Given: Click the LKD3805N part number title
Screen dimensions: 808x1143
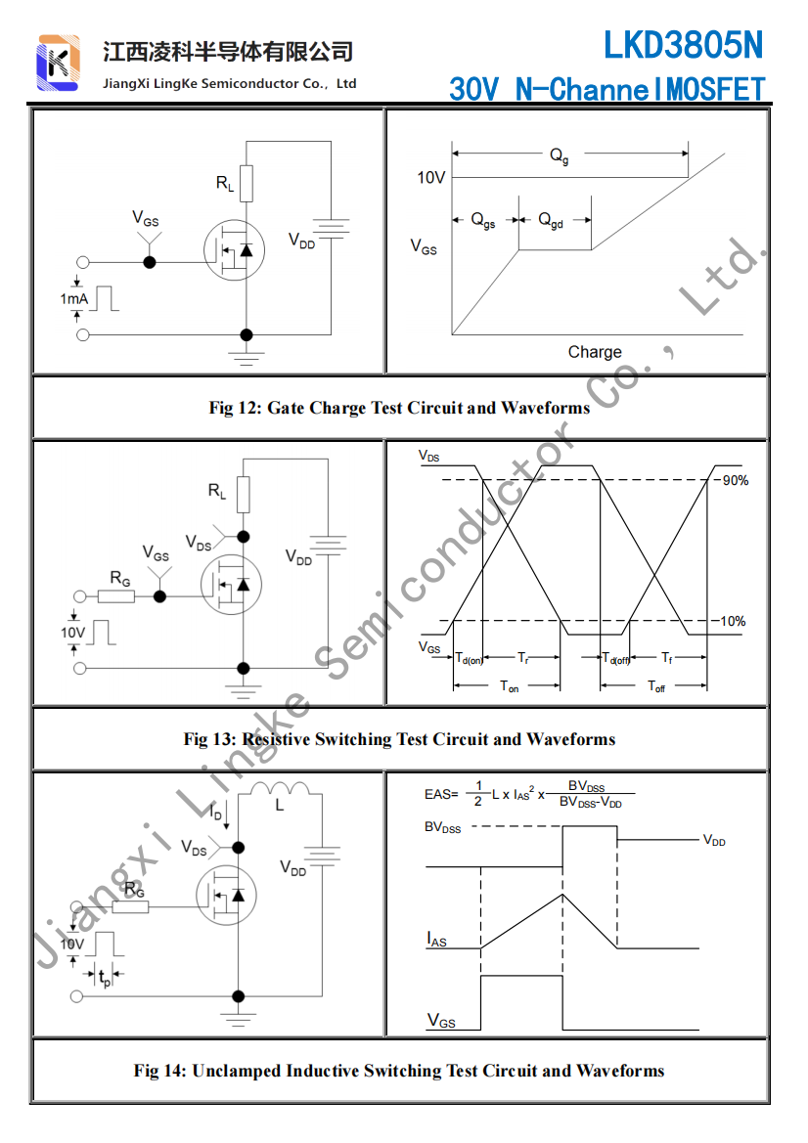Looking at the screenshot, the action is tap(682, 45).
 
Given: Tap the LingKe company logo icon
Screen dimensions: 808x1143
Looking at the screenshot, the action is tap(58, 63).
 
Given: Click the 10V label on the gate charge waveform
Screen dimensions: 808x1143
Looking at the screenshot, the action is tap(431, 178).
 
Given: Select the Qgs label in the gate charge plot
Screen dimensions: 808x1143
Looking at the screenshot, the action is tap(483, 221).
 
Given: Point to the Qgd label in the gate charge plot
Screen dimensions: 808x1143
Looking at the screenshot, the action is tap(551, 221).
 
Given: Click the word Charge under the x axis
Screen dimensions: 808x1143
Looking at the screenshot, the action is tap(594, 352).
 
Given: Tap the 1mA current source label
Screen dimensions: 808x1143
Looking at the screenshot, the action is tap(74, 298).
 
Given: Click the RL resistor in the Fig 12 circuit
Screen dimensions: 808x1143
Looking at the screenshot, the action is tap(246, 183).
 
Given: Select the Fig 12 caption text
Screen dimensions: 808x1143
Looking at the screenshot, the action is tap(399, 408).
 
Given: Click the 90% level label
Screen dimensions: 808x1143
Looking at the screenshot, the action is tap(735, 480).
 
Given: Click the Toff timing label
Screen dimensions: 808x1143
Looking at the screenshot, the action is tap(656, 687).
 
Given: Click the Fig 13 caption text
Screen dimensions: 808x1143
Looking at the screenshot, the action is tap(399, 739).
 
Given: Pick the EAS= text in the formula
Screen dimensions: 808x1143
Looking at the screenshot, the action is tap(440, 794).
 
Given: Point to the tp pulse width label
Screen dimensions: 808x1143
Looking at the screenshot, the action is tap(105, 977).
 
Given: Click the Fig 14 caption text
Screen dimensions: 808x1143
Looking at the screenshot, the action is tap(399, 1071).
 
